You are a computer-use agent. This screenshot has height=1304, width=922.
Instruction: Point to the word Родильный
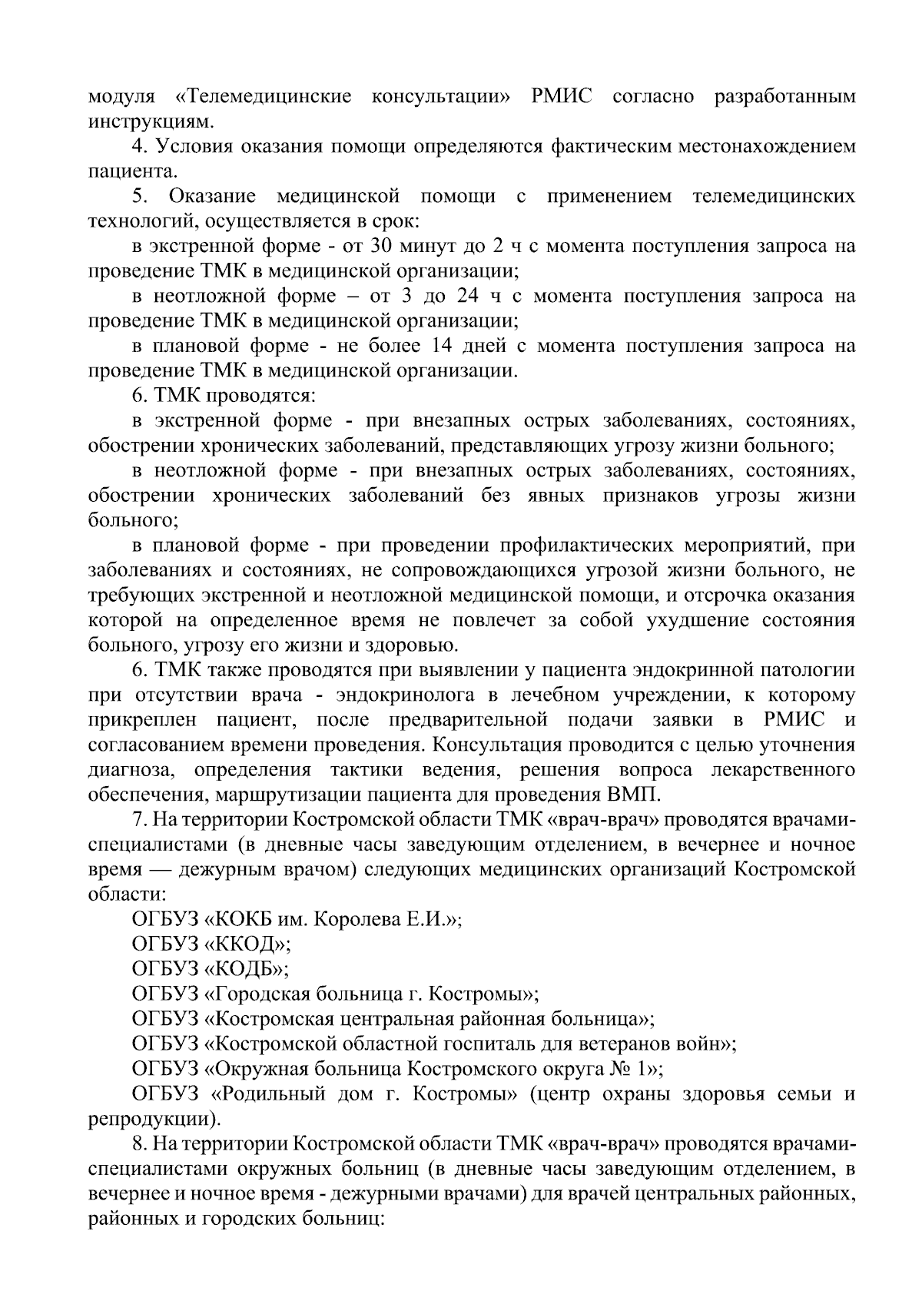(267, 1094)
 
